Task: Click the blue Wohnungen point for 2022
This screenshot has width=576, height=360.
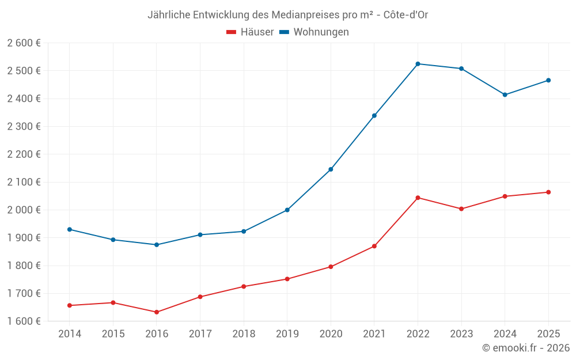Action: coord(418,64)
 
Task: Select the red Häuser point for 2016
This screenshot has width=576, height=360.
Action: coord(157,312)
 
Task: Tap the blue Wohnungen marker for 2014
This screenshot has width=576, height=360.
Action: coord(70,229)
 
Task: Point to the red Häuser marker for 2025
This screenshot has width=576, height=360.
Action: coord(548,192)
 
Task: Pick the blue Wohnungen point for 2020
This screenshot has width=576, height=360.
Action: coord(331,169)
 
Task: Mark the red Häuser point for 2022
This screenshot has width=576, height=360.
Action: coord(418,198)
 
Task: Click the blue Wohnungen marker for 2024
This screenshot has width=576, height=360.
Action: coord(505,94)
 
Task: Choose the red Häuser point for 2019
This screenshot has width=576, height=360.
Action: coord(287,279)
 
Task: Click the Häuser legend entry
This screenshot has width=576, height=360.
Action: coord(250,32)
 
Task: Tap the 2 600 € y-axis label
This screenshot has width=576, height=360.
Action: coord(24,43)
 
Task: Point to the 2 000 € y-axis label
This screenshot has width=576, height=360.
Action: coord(24,210)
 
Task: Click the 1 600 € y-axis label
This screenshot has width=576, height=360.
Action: coord(24,321)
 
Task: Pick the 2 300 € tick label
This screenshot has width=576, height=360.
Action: coord(24,127)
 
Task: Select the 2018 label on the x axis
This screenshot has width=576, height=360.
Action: coord(244,334)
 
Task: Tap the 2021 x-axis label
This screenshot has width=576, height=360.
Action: coord(374,334)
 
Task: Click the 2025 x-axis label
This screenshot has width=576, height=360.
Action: coord(548,334)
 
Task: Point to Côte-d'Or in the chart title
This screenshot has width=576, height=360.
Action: coord(406,14)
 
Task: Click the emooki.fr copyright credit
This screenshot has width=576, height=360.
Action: coord(526,348)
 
